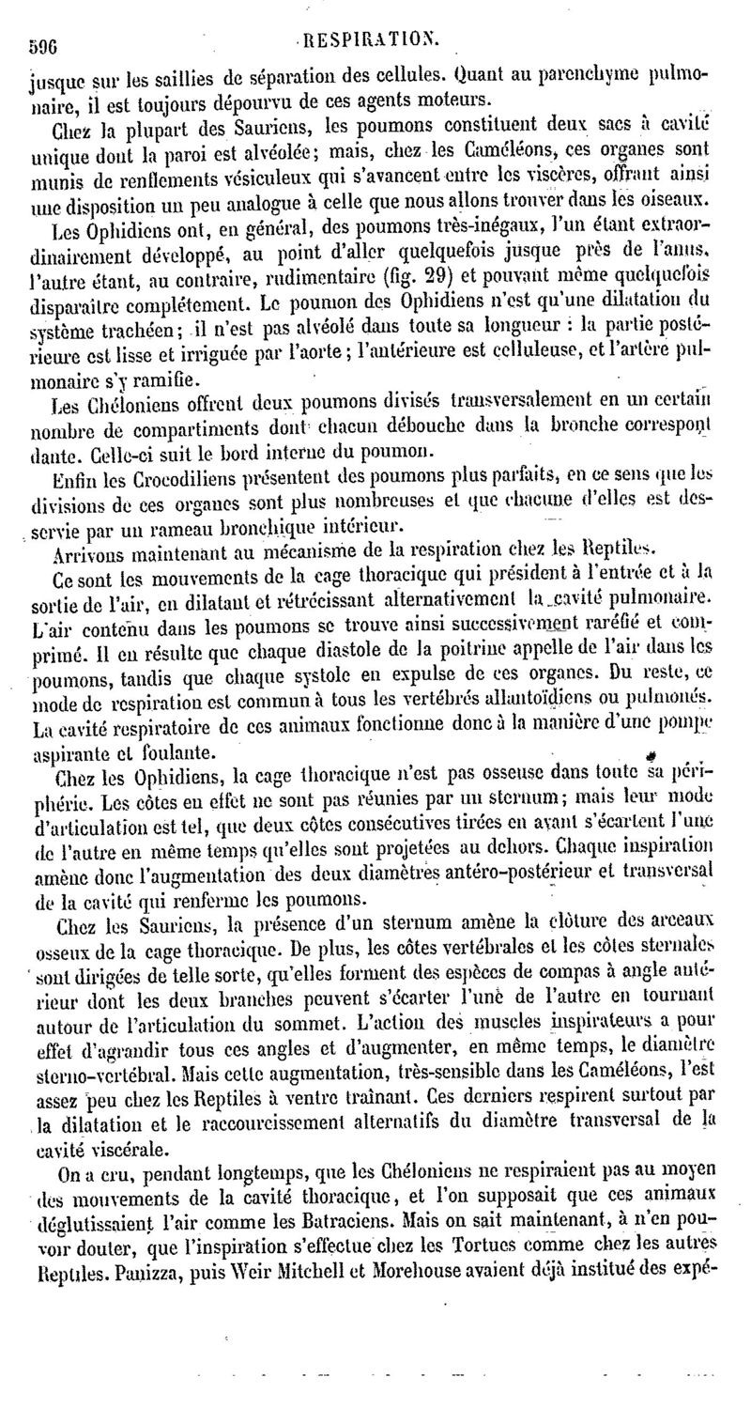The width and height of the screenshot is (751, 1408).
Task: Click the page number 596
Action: pyautogui.click(x=35, y=43)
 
